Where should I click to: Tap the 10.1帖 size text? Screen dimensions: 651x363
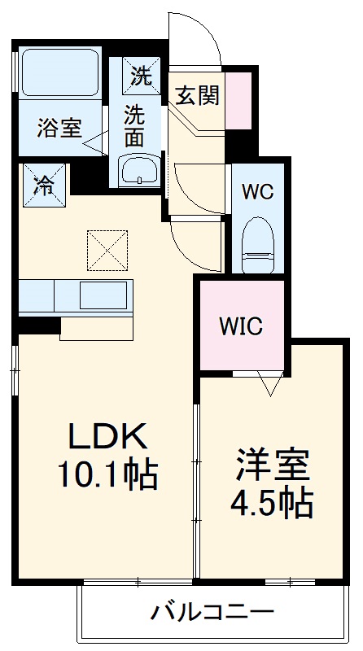tap(107, 474)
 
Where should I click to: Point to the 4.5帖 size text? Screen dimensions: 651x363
tap(273, 505)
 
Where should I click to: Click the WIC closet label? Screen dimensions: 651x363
tap(241, 326)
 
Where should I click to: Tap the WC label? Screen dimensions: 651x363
tap(258, 193)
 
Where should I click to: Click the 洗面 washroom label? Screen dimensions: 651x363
tap(135, 125)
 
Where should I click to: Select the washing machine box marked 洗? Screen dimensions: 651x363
tap(141, 76)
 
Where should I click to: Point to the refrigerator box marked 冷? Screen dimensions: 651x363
tap(42, 182)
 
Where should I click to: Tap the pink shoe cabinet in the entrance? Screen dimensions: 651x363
tap(238, 100)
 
